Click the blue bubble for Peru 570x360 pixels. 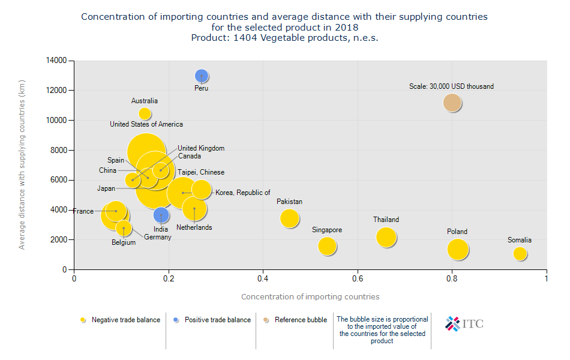(x=202, y=76)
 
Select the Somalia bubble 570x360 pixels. (x=520, y=254)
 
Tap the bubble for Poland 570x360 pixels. (x=458, y=249)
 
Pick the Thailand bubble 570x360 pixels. (x=386, y=237)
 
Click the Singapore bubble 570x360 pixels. (x=327, y=245)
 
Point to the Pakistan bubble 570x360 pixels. (x=290, y=218)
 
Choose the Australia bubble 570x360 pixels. (x=145, y=114)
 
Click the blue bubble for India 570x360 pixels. (x=161, y=215)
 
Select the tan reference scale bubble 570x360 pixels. (x=452, y=103)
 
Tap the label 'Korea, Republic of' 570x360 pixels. (x=243, y=193)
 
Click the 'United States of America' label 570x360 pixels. (x=146, y=124)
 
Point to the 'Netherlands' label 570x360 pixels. (x=194, y=227)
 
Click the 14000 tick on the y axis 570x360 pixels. (x=58, y=61)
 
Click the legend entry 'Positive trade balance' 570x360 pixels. (x=217, y=320)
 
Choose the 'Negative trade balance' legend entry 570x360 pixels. (x=125, y=320)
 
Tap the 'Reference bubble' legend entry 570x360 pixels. (x=301, y=320)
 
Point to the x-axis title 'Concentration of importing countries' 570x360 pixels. (x=310, y=296)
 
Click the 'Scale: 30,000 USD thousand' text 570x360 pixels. (x=451, y=86)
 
